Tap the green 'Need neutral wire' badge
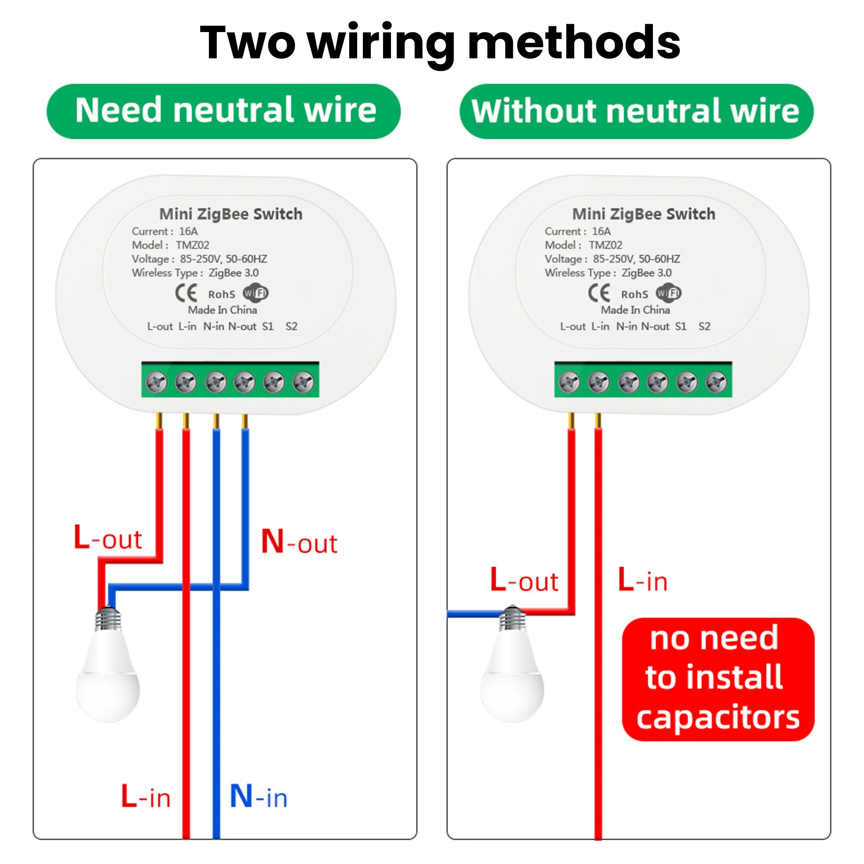(224, 111)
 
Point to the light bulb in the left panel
(108, 671)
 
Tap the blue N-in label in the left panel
(258, 796)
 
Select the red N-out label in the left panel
(299, 542)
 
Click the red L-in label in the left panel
(146, 796)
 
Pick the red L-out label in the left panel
(108, 538)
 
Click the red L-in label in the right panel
(642, 580)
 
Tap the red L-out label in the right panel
(524, 580)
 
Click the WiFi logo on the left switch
(255, 293)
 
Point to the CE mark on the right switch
(599, 293)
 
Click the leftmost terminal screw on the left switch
(157, 382)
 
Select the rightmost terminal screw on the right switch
(716, 382)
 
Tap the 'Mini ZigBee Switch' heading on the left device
(231, 214)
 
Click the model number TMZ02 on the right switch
(605, 245)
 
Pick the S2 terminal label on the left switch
(292, 327)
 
